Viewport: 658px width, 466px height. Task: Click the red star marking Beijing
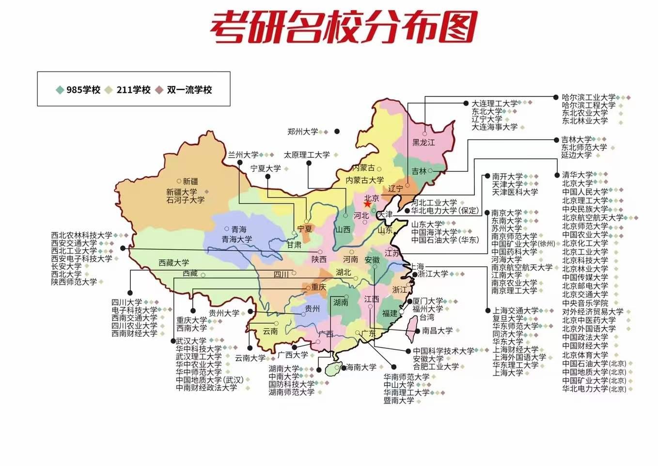[368, 204]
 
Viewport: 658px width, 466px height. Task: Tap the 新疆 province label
[190, 181]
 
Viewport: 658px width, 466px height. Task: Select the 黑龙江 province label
[423, 142]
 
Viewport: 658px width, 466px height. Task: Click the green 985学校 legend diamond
[60, 90]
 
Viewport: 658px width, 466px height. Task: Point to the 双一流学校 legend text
[189, 90]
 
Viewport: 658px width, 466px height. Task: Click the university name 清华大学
[577, 175]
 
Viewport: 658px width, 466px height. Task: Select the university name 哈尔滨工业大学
[588, 97]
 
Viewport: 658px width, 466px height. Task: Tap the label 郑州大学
[303, 132]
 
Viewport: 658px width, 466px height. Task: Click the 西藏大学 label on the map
[173, 263]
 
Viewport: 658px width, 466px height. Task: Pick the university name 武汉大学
[191, 341]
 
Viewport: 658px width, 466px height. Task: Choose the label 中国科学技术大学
[443, 351]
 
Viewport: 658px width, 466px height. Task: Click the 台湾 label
[427, 317]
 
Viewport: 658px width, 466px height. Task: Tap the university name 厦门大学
[427, 301]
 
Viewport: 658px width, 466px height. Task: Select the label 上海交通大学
[515, 310]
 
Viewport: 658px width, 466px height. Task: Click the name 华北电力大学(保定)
[445, 210]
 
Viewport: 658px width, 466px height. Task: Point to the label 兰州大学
[243, 155]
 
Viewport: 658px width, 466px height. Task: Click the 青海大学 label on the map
[237, 239]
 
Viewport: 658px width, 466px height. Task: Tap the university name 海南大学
[361, 367]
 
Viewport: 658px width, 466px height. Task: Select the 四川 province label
[281, 274]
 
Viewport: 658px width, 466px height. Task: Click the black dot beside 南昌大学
[418, 331]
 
